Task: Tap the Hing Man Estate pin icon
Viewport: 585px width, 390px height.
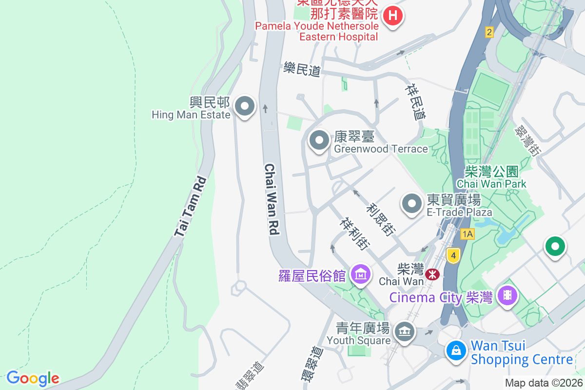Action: click(245, 106)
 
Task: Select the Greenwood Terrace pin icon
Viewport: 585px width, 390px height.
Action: click(319, 141)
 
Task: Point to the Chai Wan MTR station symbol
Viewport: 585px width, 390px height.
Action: click(432, 274)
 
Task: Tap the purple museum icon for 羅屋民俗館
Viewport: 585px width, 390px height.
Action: click(361, 275)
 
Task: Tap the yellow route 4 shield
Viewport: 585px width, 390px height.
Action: click(453, 255)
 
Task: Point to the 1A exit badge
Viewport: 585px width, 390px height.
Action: click(467, 234)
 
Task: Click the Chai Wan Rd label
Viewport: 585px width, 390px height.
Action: click(272, 199)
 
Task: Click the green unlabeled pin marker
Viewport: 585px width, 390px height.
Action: click(554, 246)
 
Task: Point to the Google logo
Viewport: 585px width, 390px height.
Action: click(33, 378)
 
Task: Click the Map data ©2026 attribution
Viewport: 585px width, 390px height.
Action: click(543, 383)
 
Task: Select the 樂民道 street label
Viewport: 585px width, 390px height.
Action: click(302, 70)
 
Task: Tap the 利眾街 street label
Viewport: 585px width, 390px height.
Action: click(381, 219)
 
